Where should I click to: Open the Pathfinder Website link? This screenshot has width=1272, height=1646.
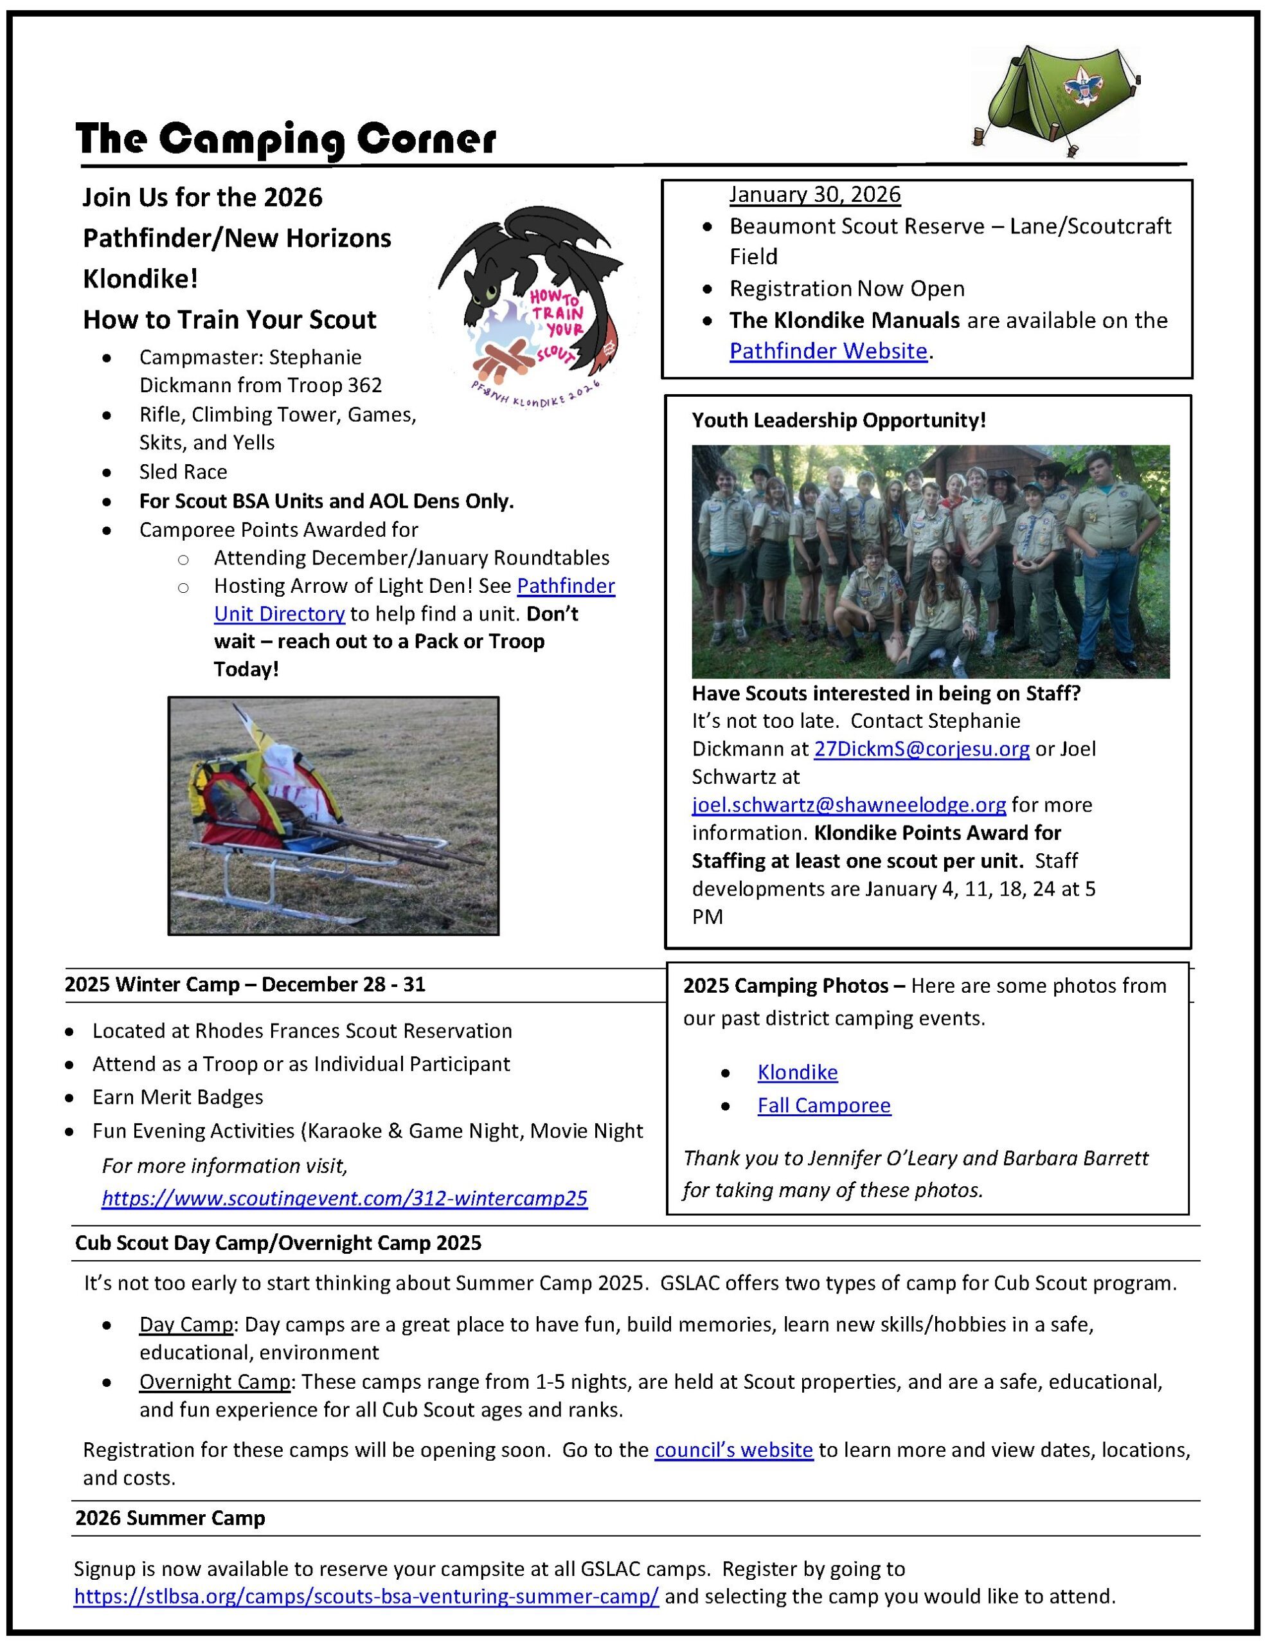tap(827, 351)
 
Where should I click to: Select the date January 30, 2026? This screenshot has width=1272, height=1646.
tap(814, 194)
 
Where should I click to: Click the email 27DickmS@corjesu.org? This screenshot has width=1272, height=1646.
tap(921, 749)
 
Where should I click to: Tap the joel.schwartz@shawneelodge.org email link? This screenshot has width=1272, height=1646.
tap(848, 805)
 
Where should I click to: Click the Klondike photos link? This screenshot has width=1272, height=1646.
tap(797, 1072)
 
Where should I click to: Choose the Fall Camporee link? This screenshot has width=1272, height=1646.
tap(823, 1106)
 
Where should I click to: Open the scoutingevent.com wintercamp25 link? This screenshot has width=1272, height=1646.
tap(345, 1198)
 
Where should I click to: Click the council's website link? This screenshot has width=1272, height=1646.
tap(733, 1450)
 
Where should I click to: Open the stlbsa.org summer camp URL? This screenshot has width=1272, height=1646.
tap(366, 1596)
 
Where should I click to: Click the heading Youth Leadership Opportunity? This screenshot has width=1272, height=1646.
tap(838, 421)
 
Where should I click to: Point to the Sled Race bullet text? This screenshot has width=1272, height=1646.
tap(183, 472)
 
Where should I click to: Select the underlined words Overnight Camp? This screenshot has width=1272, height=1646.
tap(215, 1382)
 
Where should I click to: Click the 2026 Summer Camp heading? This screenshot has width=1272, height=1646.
tap(170, 1518)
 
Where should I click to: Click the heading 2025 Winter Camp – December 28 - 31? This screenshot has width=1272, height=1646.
tap(245, 984)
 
